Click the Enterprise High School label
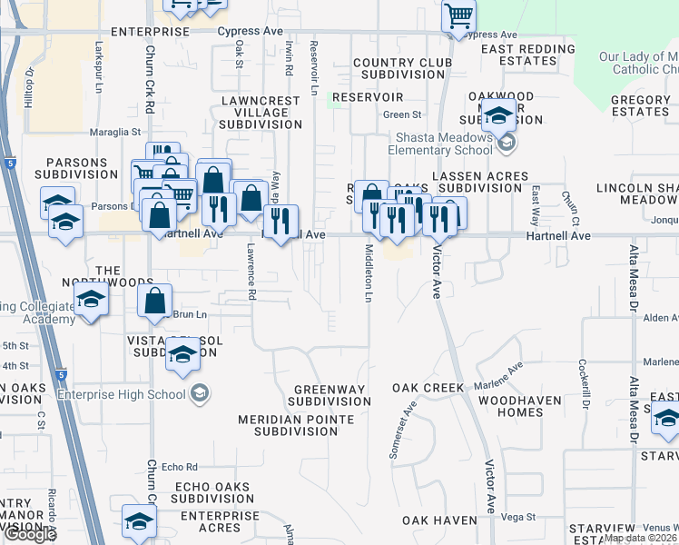coord(121,393)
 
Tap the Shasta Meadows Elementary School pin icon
coord(507,144)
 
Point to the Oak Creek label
coord(428,388)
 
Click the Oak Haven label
coord(440,520)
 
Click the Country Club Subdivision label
coord(401,69)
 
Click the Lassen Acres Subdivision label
coord(480,182)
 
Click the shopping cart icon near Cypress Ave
coord(459,15)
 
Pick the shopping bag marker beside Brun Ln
coord(155,299)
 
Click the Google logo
coord(29,534)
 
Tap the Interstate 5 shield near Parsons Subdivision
coord(8,163)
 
